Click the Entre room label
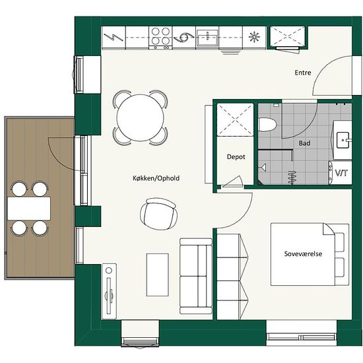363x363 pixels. [303, 73]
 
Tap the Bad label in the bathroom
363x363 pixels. [304, 143]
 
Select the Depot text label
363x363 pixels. [236, 157]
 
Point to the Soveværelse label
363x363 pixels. [303, 253]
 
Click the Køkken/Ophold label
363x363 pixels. [156, 178]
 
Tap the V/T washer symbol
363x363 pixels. [341, 173]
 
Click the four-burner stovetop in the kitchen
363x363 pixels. [160, 37]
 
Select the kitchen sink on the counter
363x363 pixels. [207, 38]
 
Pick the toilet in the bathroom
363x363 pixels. [267, 125]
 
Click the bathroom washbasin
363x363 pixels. [343, 140]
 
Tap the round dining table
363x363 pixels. [140, 117]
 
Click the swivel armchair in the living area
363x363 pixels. [159, 213]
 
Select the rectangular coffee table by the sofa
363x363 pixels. [158, 275]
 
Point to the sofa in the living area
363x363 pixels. [196, 276]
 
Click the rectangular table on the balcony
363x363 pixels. [29, 209]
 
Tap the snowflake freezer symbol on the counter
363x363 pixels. [254, 37]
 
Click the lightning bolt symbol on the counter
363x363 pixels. [114, 37]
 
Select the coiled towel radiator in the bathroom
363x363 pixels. [292, 178]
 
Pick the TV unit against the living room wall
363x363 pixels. [109, 291]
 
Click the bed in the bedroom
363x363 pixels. [310, 254]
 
